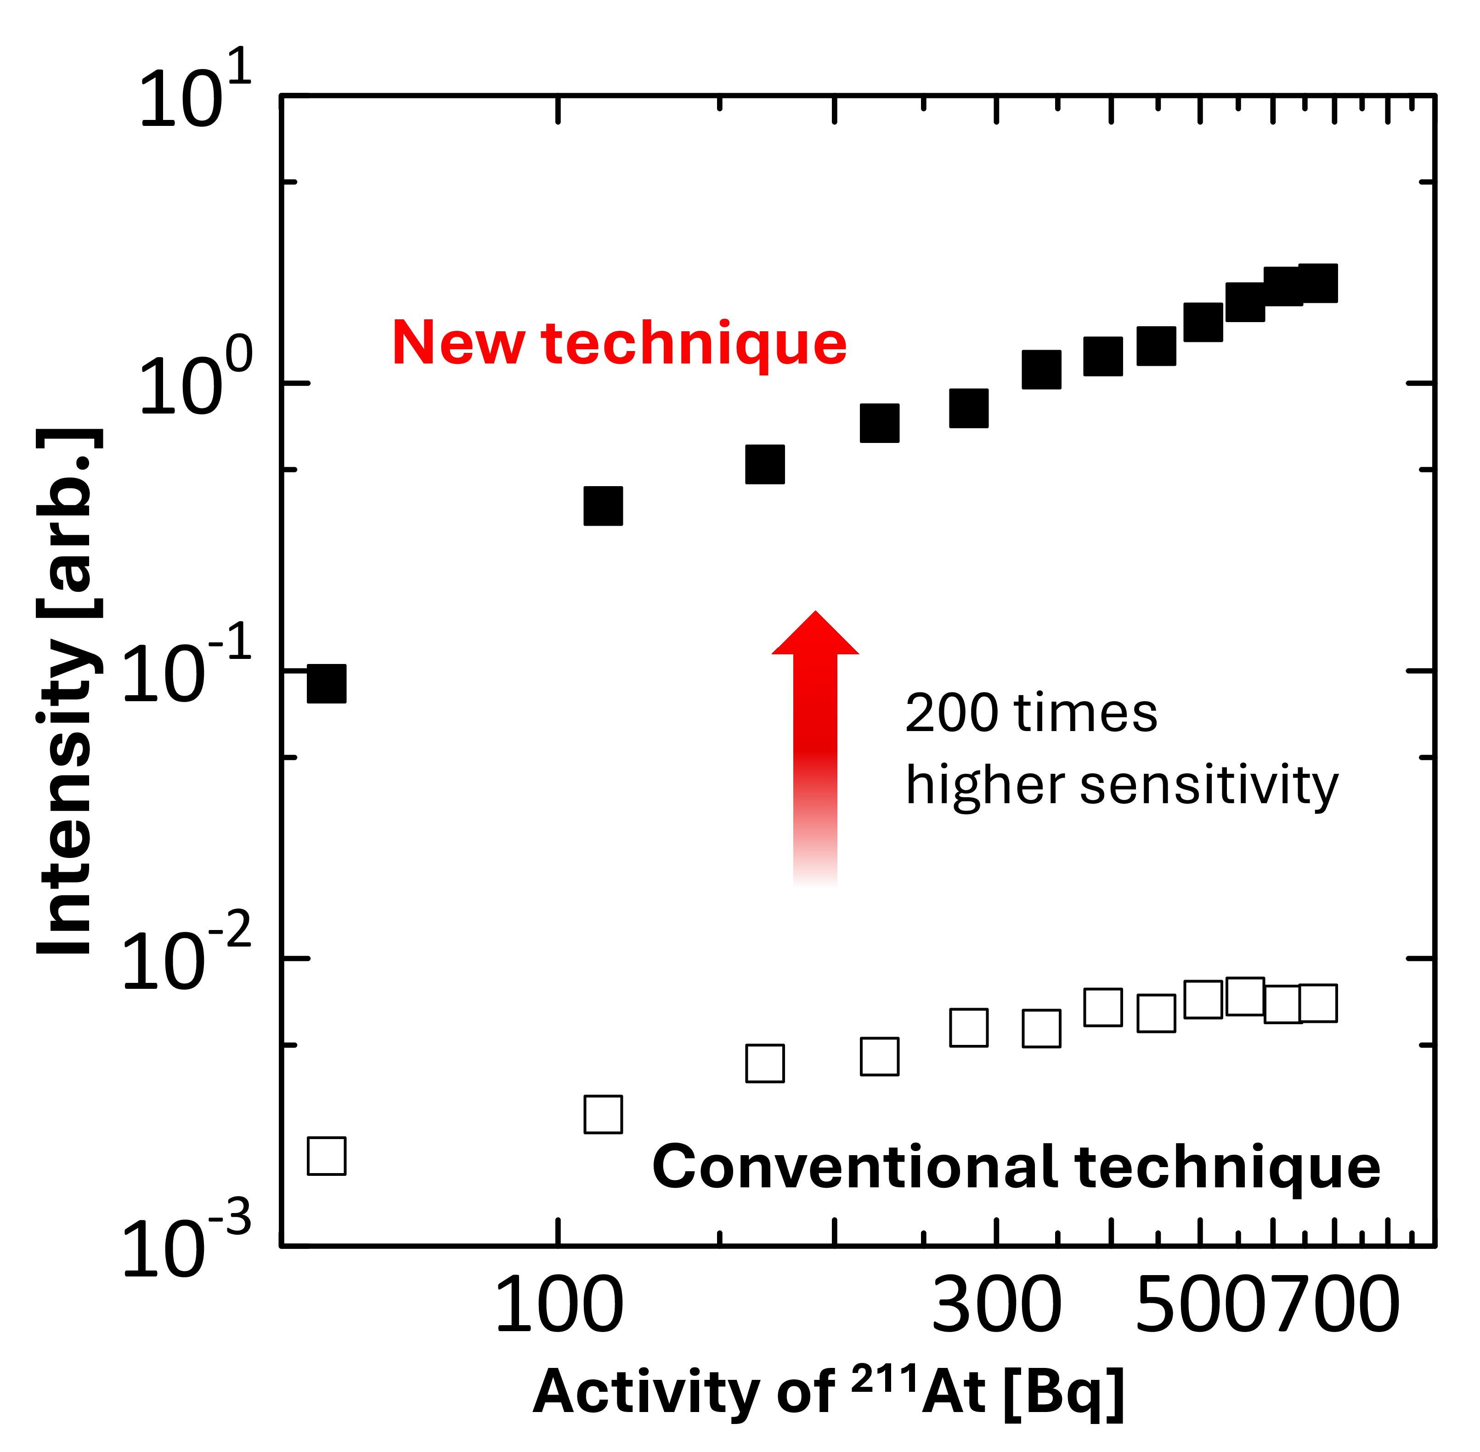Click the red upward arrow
815,747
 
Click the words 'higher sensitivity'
1121,785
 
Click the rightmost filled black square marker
1317,284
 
